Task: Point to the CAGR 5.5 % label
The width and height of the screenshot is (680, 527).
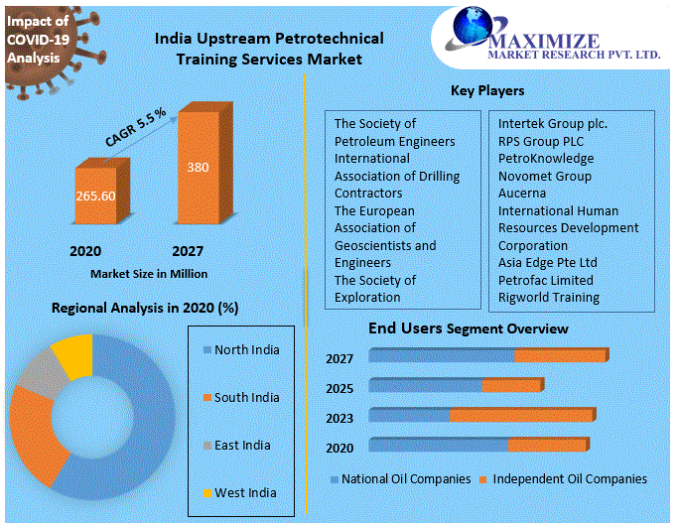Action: (x=135, y=127)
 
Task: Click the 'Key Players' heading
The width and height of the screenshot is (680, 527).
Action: (x=487, y=91)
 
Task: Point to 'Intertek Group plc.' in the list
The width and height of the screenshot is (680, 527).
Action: (x=552, y=124)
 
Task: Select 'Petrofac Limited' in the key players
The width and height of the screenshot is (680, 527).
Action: (x=545, y=280)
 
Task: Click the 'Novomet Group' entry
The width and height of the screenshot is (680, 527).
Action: (x=544, y=176)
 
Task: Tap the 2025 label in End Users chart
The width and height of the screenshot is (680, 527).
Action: (x=340, y=386)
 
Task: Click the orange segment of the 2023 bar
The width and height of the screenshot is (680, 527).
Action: (x=520, y=415)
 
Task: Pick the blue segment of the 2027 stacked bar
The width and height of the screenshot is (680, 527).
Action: (x=442, y=355)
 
